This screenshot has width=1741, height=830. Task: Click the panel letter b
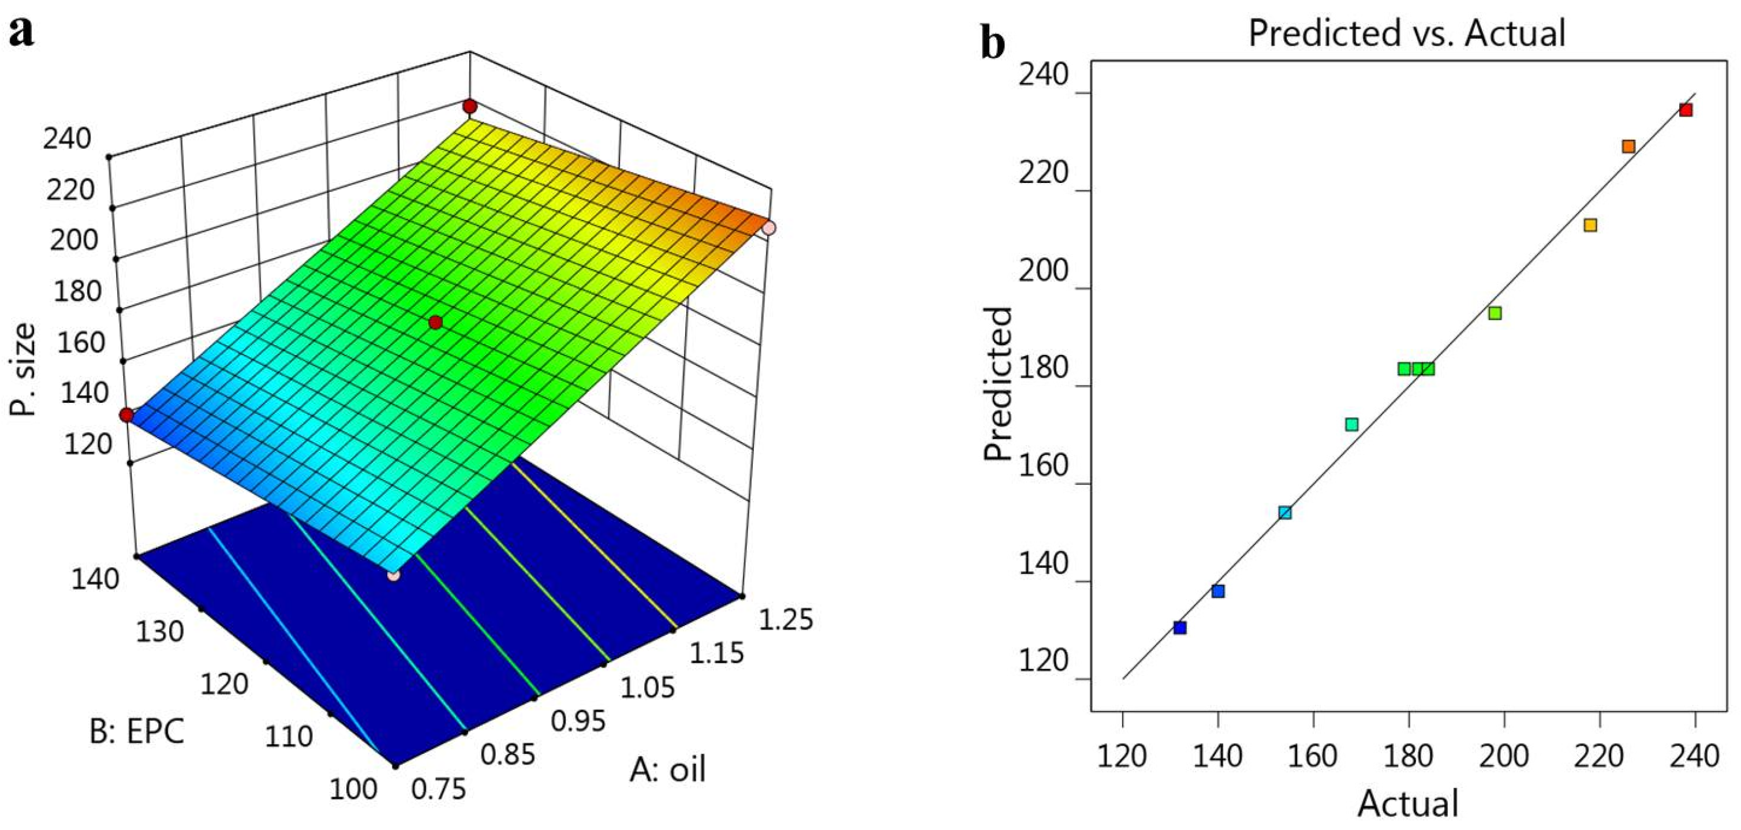(993, 44)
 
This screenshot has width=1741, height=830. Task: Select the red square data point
(1686, 110)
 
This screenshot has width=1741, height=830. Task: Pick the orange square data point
(1629, 147)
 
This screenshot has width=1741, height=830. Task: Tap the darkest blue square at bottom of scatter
(1180, 628)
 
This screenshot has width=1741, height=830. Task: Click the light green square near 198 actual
(1495, 313)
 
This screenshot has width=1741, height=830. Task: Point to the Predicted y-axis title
(997, 384)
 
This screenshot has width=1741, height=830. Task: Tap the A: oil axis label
(668, 769)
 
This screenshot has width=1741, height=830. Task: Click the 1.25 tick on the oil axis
(785, 620)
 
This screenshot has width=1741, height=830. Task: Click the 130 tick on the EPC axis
(159, 631)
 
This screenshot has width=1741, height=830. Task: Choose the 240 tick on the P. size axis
(67, 139)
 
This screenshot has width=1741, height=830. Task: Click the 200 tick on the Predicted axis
(1043, 272)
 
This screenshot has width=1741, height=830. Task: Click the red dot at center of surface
(435, 323)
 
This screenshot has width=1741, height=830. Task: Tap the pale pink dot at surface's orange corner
(768, 229)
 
